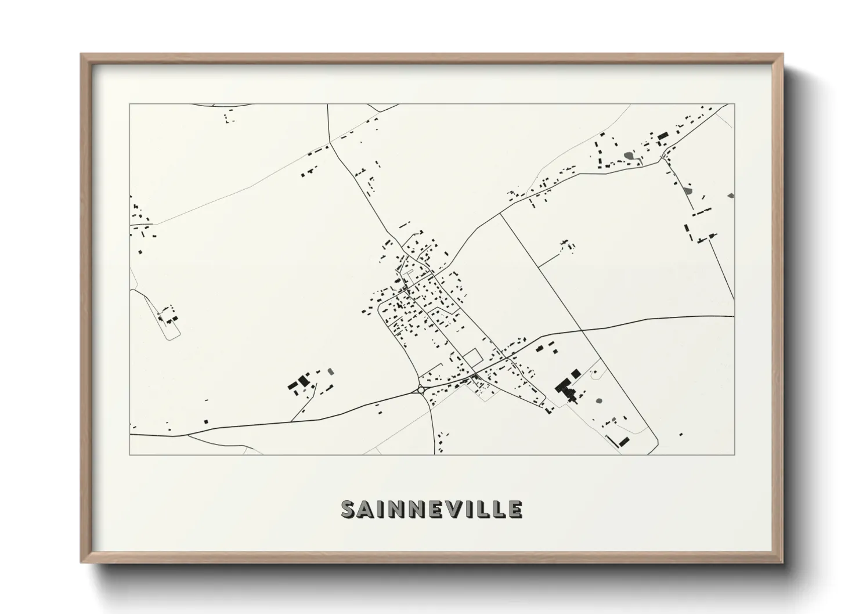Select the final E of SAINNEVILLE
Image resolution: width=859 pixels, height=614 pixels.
[514, 510]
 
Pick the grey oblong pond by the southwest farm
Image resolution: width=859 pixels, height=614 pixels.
[331, 370]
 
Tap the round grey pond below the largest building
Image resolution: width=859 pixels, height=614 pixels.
[598, 400]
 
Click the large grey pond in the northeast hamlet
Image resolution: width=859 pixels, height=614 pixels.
[629, 155]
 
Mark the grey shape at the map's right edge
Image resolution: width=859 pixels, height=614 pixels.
[730, 196]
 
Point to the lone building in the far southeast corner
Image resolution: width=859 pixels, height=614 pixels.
[681, 434]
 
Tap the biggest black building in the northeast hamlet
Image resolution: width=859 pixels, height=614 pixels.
[663, 136]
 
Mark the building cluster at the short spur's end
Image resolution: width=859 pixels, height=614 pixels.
[566, 245]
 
